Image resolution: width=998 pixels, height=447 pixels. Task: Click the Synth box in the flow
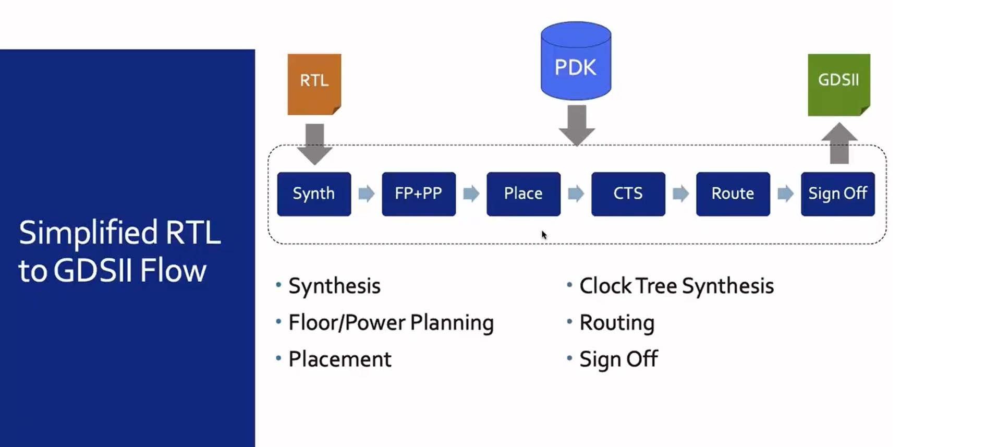click(313, 194)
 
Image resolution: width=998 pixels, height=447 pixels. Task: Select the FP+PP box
click(418, 194)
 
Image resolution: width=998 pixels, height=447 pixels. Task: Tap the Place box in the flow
click(523, 194)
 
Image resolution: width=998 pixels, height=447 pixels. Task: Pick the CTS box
click(628, 194)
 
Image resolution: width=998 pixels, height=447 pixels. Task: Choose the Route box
click(733, 194)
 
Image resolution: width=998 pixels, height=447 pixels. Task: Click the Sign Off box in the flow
click(837, 194)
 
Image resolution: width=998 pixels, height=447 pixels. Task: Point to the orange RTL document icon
click(314, 83)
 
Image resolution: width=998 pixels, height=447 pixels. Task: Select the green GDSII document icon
click(838, 84)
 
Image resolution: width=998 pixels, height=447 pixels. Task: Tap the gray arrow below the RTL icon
click(314, 143)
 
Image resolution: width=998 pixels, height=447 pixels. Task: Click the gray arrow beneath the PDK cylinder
click(577, 125)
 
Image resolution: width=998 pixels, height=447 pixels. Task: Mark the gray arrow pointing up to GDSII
click(839, 143)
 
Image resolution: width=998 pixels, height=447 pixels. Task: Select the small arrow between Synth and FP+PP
click(366, 194)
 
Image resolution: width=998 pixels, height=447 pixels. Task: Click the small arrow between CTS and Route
click(680, 194)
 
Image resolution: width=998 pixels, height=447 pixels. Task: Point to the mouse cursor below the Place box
click(543, 235)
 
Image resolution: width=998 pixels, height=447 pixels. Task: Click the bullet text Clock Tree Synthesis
click(676, 286)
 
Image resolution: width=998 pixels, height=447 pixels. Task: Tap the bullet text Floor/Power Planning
click(391, 322)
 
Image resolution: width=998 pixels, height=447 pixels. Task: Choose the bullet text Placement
click(339, 359)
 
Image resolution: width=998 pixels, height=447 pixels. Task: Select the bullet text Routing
click(617, 322)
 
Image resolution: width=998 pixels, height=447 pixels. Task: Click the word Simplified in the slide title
click(88, 233)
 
